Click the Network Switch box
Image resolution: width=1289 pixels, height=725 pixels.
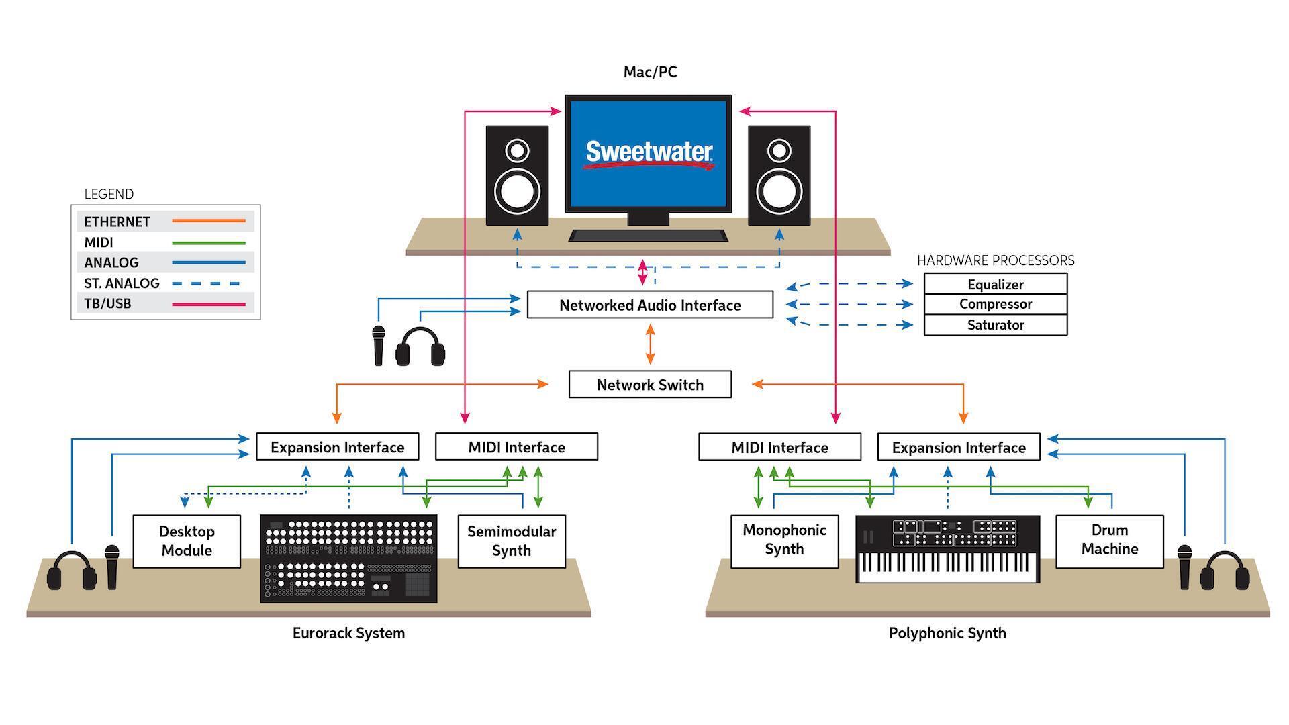pos(650,385)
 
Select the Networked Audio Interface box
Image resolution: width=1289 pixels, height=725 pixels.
pos(650,305)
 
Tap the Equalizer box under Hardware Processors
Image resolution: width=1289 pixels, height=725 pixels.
pos(995,284)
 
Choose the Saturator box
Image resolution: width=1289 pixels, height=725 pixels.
pos(995,325)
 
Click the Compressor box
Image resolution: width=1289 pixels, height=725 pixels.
pos(995,304)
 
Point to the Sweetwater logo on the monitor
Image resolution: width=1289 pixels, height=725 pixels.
pos(649,154)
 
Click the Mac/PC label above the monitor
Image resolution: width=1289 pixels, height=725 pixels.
pos(650,72)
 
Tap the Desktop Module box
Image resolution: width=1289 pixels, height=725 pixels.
pos(187,541)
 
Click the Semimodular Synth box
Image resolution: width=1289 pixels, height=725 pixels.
pos(512,541)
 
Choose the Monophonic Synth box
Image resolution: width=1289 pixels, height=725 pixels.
pos(784,540)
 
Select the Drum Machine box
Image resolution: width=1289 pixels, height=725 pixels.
pos(1109,540)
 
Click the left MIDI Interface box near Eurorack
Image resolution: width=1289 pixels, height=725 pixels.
pos(516,447)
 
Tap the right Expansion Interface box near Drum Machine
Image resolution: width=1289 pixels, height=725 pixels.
pos(958,447)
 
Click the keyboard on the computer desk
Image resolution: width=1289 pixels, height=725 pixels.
pos(648,236)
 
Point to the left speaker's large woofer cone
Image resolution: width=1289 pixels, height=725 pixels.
pos(517,191)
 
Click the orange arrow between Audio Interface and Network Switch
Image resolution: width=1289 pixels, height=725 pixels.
pos(650,344)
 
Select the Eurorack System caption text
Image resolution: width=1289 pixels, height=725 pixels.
pos(348,633)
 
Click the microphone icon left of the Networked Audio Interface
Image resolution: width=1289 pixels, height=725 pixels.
pos(379,345)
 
